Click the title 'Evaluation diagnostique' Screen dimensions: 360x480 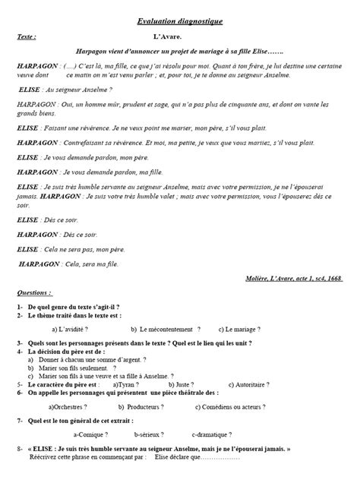pos(180,23)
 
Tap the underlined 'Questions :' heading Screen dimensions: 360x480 pos(35,292)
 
